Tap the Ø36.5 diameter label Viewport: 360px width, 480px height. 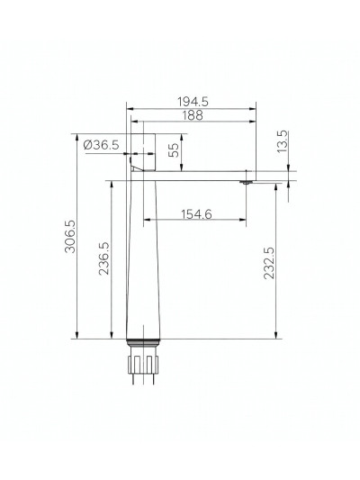coord(101,146)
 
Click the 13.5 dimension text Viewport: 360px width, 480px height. coord(282,141)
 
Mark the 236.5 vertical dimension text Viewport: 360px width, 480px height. coord(105,258)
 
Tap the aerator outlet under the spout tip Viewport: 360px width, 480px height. coord(244,184)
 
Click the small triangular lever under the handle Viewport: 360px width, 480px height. coord(137,168)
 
